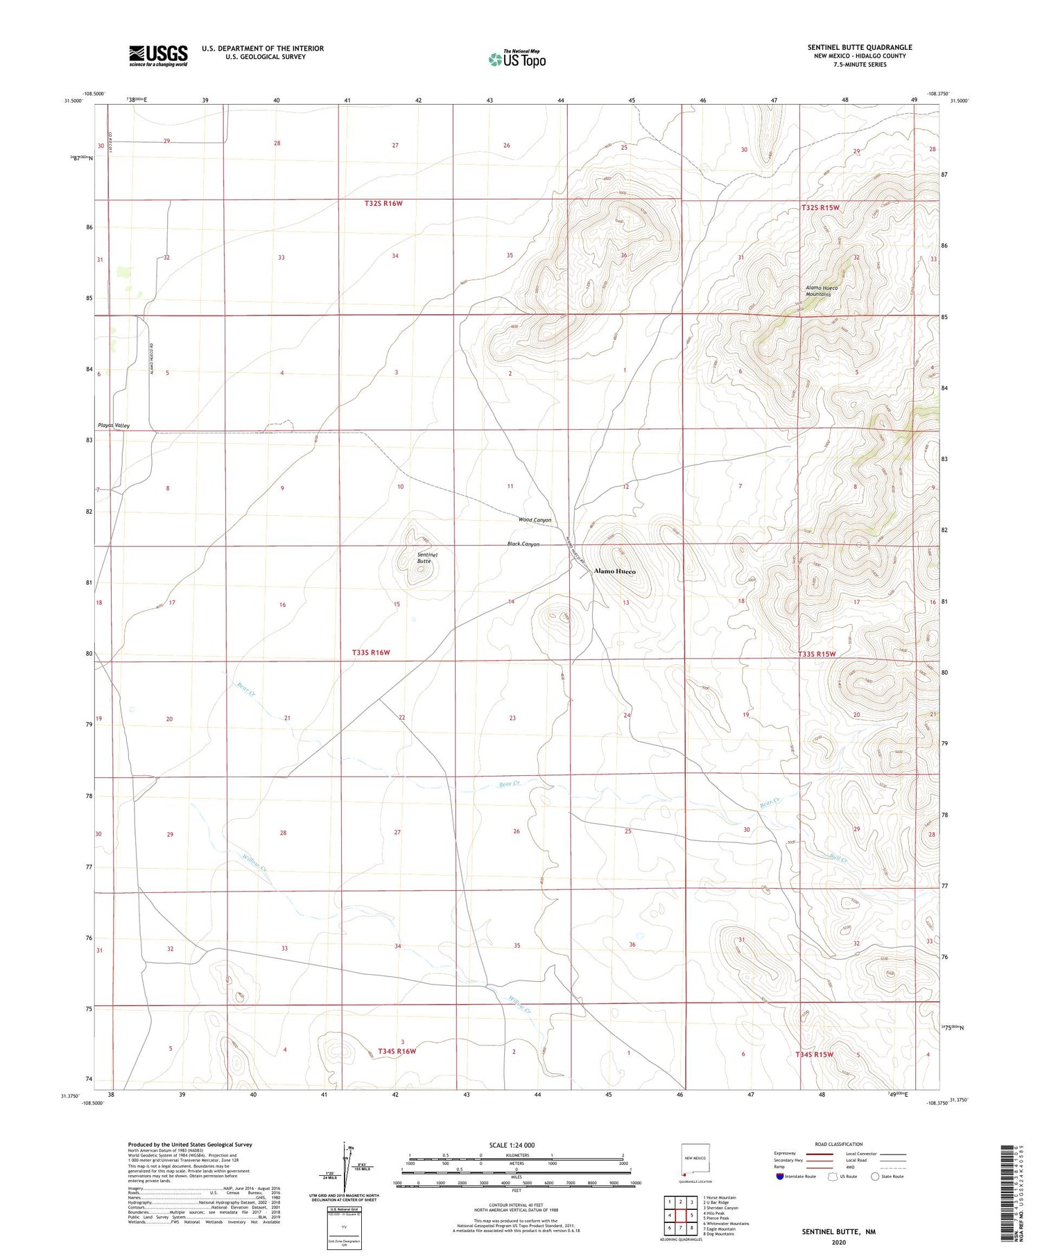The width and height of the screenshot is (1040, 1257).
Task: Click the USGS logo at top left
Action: [x=158, y=55]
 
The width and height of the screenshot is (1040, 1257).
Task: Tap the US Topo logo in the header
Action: [x=517, y=59]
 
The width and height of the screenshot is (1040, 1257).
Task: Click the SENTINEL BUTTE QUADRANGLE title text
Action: [x=859, y=47]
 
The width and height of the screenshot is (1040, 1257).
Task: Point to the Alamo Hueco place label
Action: [x=614, y=571]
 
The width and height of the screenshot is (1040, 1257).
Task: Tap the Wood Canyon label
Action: [x=535, y=520]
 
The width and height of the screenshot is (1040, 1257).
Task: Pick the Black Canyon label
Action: [x=523, y=544]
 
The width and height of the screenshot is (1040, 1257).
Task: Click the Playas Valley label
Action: [x=113, y=425]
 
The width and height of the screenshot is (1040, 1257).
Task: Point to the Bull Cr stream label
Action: [x=838, y=858]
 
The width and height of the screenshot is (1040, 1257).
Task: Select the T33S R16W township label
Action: [x=371, y=652]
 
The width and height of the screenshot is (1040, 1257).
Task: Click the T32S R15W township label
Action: [x=820, y=207]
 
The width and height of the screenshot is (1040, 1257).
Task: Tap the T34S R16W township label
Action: [x=397, y=1051]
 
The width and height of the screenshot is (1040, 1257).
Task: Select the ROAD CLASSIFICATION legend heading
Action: [x=839, y=1144]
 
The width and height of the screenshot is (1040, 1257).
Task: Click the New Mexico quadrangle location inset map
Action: [x=695, y=1163]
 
